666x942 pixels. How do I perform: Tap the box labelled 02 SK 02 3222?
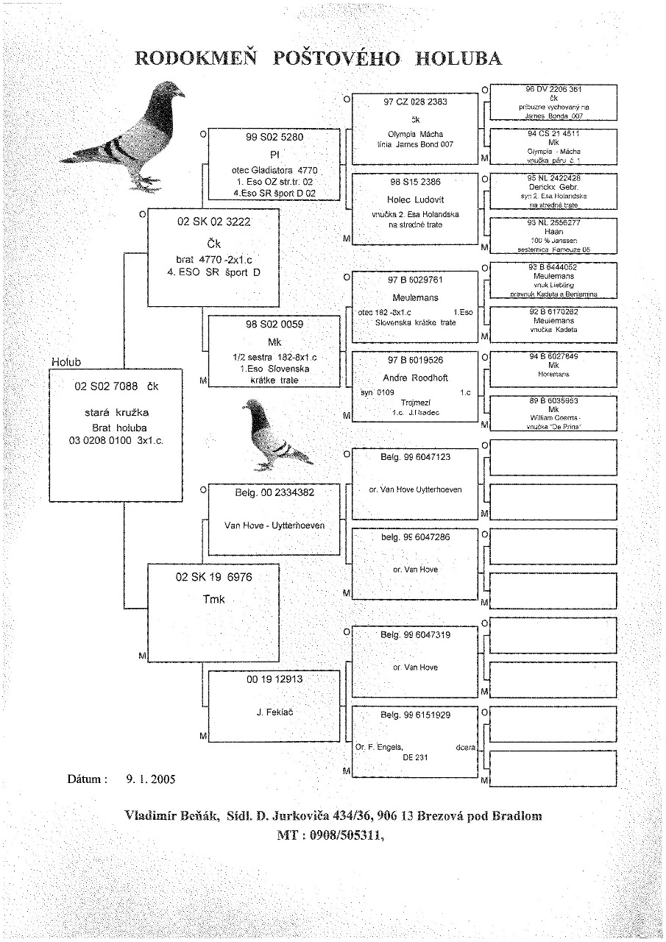(x=213, y=257)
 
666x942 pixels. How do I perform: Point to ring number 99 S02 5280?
(x=274, y=137)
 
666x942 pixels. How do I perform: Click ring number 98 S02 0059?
(x=274, y=324)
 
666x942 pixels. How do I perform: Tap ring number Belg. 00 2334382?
(x=274, y=492)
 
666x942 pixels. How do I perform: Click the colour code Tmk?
(x=213, y=599)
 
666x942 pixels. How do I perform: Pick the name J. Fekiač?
(x=274, y=712)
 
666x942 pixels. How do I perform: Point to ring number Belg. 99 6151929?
(x=415, y=715)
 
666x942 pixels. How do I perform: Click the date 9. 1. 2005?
(x=151, y=778)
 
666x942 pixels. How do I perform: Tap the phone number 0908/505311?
(x=342, y=835)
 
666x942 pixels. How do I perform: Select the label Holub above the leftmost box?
(x=65, y=363)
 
